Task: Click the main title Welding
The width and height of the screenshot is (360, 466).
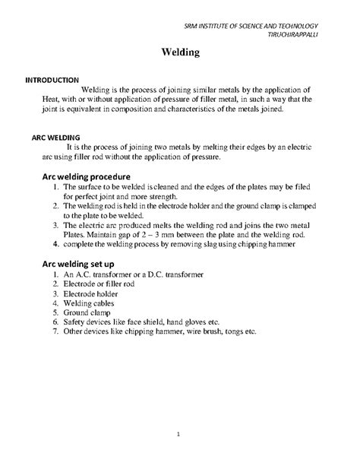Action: (179, 54)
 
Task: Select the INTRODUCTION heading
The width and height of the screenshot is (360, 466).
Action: (52, 79)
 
